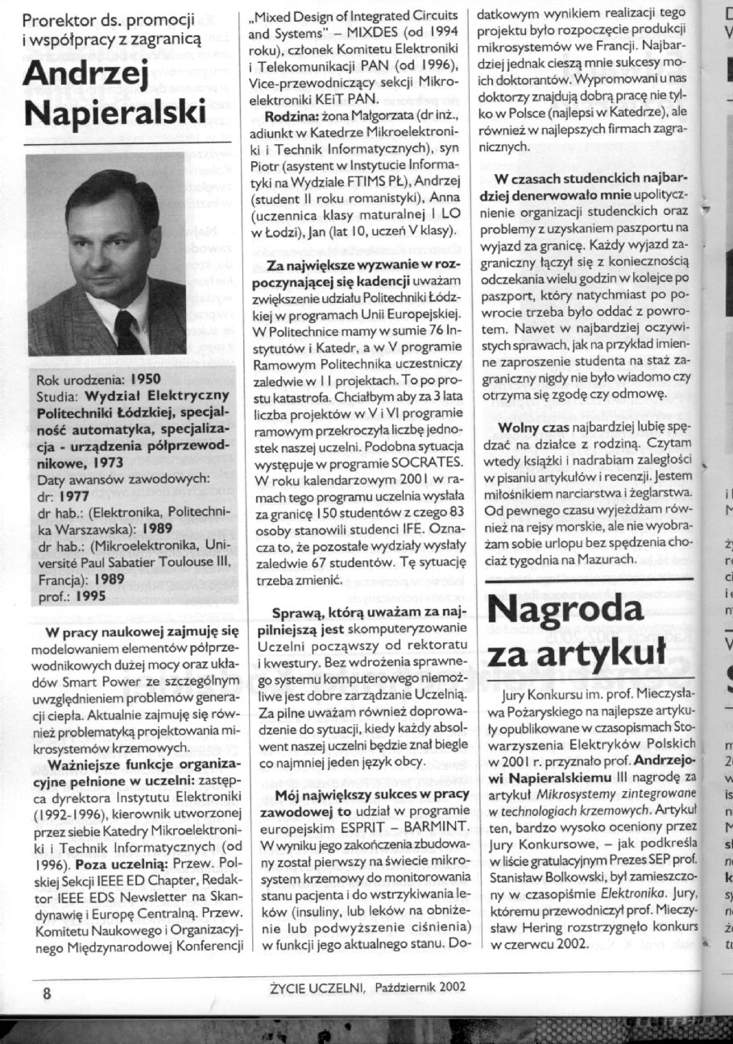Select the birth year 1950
tap(146, 377)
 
